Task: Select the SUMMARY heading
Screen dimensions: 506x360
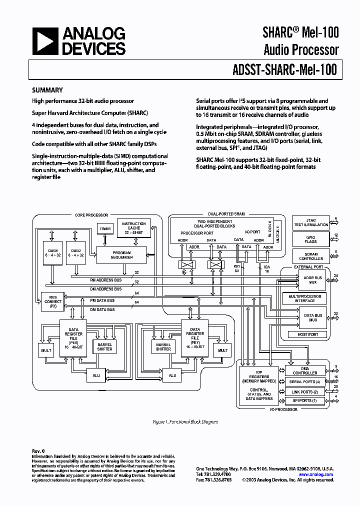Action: [x=47, y=90]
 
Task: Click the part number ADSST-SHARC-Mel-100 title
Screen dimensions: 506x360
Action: [x=284, y=70]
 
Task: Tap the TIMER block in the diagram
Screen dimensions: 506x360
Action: [x=105, y=228]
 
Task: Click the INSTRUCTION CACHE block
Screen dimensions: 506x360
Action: [x=133, y=228]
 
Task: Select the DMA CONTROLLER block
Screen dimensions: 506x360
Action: [x=305, y=370]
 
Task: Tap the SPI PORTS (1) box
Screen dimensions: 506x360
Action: [x=305, y=400]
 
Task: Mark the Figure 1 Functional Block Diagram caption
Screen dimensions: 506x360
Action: [x=185, y=421]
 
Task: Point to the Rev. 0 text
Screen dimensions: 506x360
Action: [x=38, y=451]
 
